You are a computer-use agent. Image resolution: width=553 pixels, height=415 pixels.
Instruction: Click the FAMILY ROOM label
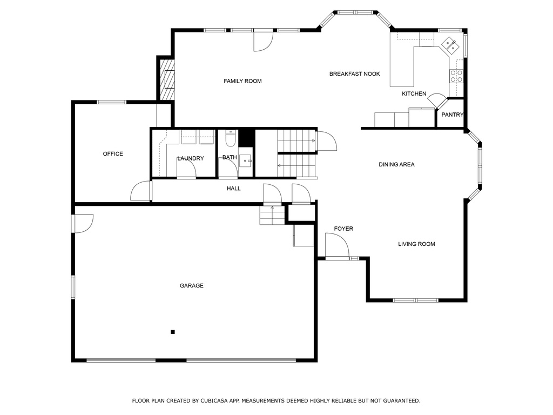242,81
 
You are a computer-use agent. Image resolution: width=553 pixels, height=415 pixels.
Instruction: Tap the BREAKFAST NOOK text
354,73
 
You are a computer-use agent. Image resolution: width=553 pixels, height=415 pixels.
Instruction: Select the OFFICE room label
113,154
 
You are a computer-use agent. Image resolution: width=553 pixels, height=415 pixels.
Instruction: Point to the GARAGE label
192,285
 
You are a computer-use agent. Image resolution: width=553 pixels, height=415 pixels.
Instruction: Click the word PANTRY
452,115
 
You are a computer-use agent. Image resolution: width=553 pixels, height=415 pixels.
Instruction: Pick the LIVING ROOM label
416,244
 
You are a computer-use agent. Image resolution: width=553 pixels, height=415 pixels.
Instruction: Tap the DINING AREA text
396,164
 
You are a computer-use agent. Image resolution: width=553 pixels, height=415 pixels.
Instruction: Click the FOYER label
343,229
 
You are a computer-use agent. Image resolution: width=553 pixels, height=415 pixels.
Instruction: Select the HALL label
233,189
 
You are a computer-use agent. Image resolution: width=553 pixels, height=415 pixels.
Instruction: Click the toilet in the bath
230,139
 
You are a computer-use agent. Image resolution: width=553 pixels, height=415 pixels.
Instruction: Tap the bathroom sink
246,160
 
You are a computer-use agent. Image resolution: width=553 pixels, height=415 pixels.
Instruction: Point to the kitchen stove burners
456,76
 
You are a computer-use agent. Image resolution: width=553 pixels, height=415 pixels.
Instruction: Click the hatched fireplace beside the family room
167,79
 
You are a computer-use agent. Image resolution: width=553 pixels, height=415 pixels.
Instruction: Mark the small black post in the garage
173,332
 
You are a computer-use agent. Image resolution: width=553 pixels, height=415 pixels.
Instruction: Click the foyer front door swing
337,246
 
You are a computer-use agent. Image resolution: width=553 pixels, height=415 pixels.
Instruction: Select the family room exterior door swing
264,41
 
